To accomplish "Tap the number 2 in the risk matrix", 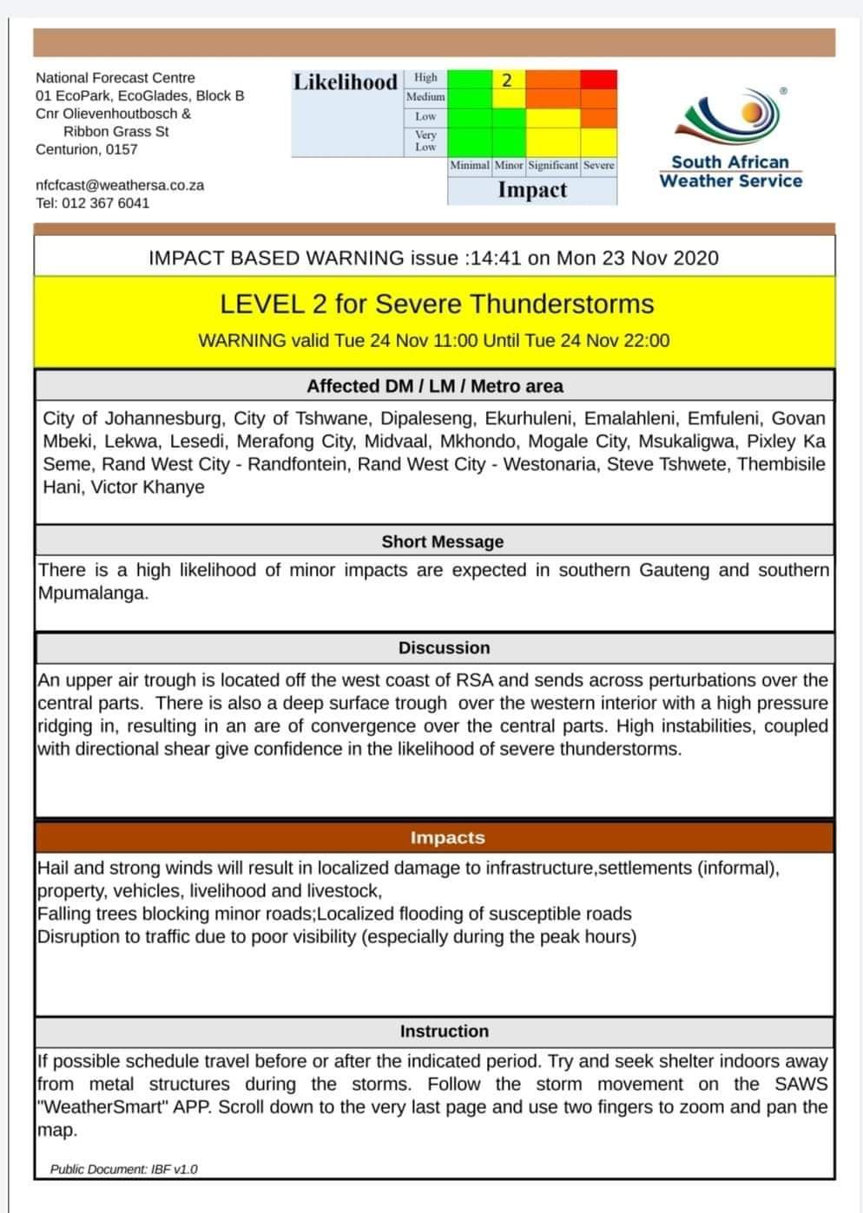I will pos(508,81).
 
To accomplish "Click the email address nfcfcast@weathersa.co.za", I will pos(120,185).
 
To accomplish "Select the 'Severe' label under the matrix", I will pos(598,165).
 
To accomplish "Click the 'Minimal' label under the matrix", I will pos(470,165).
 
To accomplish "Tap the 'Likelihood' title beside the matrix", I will pos(346,82).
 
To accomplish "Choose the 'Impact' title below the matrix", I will pos(532,190).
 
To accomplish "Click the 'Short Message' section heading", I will pos(442,541).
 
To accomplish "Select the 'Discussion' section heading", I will pos(444,648).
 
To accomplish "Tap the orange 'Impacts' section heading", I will pos(447,838).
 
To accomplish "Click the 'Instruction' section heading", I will pos(444,1032).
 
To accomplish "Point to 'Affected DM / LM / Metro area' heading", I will pos(434,386).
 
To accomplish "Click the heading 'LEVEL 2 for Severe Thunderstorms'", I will pos(436,305).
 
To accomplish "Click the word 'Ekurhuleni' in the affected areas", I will pos(528,418).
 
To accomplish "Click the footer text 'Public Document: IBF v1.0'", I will pos(123,1170).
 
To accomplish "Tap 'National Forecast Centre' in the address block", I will pos(115,78).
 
